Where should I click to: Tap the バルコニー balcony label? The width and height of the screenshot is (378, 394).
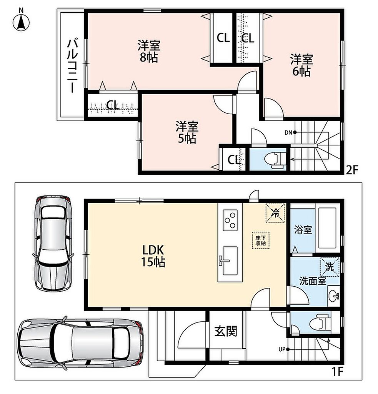click(x=72, y=66)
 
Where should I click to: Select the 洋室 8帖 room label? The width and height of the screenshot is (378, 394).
click(x=149, y=51)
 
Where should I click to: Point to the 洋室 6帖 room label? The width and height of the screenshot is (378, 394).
click(x=301, y=65)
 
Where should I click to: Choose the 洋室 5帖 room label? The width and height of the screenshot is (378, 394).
click(x=187, y=132)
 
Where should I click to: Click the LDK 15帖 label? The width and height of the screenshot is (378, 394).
click(x=153, y=256)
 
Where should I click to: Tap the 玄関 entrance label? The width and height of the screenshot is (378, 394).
click(x=226, y=331)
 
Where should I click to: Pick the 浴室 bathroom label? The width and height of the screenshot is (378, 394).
click(x=303, y=230)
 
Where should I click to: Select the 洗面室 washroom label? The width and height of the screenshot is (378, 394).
click(x=313, y=281)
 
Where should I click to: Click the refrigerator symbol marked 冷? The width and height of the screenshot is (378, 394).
click(x=276, y=213)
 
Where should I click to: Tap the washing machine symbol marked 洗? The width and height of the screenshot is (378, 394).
click(x=330, y=267)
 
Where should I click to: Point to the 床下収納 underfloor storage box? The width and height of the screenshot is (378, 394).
click(x=261, y=240)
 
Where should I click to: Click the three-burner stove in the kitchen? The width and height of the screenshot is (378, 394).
click(x=230, y=220)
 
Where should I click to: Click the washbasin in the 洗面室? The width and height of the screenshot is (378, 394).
click(x=334, y=296)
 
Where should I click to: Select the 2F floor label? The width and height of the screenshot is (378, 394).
click(x=351, y=170)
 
